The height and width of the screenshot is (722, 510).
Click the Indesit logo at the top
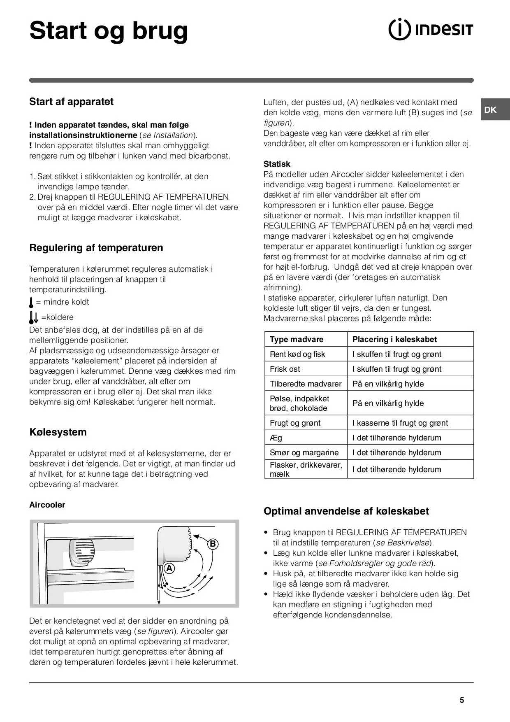click(x=431, y=30)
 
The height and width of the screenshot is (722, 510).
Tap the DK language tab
click(x=490, y=110)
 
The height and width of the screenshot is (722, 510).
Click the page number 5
click(x=461, y=700)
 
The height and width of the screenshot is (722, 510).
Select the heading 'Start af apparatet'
click(x=71, y=102)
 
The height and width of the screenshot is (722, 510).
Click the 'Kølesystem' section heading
click(x=58, y=432)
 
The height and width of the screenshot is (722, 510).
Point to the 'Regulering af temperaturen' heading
click(x=96, y=248)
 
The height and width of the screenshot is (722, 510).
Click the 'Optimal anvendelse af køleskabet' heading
click(x=346, y=511)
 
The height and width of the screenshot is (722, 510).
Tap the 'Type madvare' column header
click(x=297, y=340)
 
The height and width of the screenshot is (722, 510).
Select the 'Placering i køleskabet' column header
click(x=394, y=340)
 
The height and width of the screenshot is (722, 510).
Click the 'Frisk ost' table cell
click(x=285, y=369)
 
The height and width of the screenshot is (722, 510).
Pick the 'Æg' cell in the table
click(x=276, y=438)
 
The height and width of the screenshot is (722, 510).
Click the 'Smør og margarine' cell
click(x=304, y=453)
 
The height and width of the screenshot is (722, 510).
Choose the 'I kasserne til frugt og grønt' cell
click(x=400, y=423)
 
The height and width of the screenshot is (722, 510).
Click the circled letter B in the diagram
click(x=213, y=544)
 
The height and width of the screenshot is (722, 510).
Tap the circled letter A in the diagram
click(x=169, y=568)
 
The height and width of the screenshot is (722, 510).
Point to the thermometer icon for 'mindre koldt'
click(x=31, y=303)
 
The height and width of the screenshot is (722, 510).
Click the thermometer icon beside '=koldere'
click(x=33, y=317)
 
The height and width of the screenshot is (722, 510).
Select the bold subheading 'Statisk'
click(x=277, y=164)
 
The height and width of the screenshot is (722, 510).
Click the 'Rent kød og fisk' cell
click(x=297, y=354)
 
